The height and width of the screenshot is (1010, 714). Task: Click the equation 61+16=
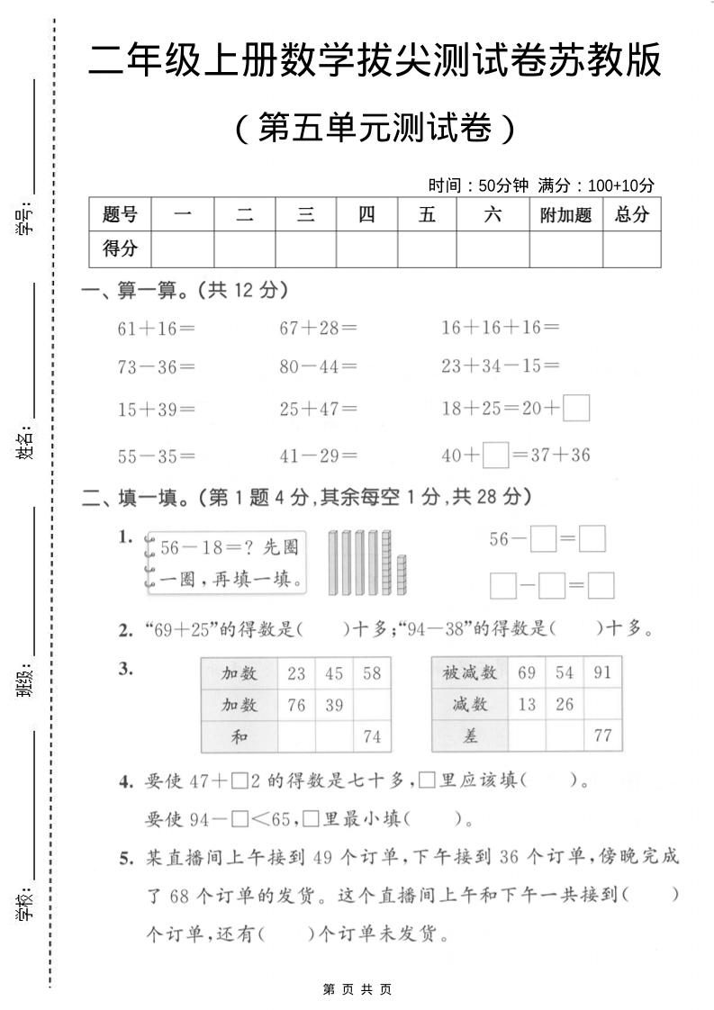[156, 328]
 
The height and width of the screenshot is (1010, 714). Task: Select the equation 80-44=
[318, 367]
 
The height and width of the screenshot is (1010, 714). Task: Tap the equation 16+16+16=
[500, 328]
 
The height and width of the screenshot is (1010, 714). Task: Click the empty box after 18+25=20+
[576, 409]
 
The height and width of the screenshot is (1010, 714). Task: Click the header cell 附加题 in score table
[565, 215]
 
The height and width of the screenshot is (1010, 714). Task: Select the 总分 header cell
[631, 215]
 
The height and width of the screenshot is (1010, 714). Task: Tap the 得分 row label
[121, 249]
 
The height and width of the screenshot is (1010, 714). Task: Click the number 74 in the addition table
[372, 736]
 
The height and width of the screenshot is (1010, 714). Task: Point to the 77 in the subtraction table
[602, 736]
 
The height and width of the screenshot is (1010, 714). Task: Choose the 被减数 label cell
[470, 673]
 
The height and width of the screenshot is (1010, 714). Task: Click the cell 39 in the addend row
[334, 705]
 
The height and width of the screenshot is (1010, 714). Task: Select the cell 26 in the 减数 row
[565, 705]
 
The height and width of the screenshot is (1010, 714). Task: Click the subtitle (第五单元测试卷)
[375, 129]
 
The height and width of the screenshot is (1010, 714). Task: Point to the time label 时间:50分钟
[478, 186]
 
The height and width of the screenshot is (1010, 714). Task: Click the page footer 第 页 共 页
[357, 989]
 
